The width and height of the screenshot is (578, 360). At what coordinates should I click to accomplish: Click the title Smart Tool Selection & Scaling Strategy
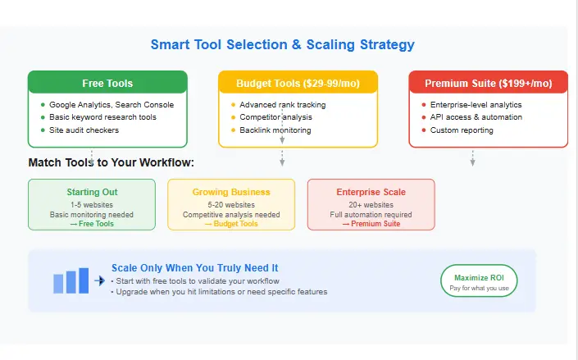(x=283, y=45)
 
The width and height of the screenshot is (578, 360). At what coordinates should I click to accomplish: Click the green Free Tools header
(x=107, y=83)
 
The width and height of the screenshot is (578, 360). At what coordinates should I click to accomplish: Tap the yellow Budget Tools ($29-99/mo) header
(x=298, y=83)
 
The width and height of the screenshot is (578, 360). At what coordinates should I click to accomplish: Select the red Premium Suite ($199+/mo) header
(x=488, y=83)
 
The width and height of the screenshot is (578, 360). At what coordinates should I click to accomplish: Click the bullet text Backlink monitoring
(x=275, y=130)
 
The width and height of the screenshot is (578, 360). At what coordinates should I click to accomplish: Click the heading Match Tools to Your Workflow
(x=111, y=162)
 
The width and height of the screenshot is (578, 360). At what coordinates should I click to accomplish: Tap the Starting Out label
(x=92, y=192)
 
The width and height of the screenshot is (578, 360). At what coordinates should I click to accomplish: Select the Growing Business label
(x=231, y=192)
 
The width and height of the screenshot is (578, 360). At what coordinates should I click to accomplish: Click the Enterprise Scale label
(x=371, y=192)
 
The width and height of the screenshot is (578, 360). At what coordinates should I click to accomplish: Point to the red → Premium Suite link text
(x=371, y=224)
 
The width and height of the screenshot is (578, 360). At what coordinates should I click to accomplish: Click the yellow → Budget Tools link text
(x=231, y=224)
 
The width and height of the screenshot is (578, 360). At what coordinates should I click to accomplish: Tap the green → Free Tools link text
(x=92, y=224)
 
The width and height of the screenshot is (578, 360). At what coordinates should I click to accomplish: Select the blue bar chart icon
(x=71, y=280)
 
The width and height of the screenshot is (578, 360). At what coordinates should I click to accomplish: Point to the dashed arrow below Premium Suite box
(x=472, y=157)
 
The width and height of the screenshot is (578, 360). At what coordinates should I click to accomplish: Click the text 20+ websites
(x=371, y=204)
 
